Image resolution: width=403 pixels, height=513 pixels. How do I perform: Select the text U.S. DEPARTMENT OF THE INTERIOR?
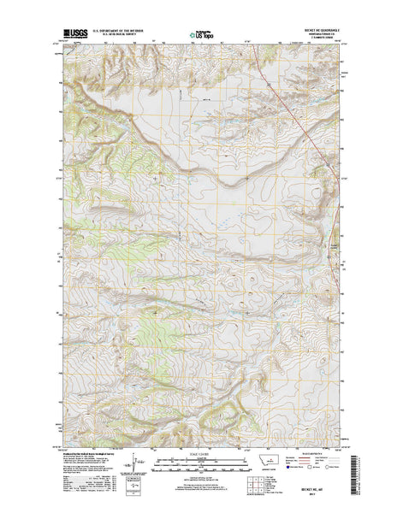click(x=119, y=34)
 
